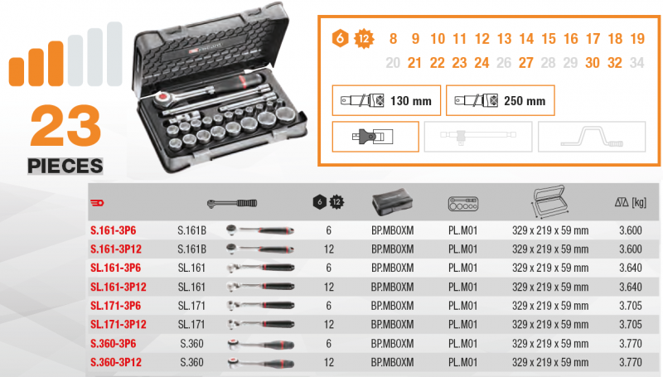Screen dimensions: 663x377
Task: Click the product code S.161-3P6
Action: tap(114, 230)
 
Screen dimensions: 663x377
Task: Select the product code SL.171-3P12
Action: tap(119, 324)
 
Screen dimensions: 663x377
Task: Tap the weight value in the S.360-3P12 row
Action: tap(631, 362)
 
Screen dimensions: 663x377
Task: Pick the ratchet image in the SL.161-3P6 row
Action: tap(260, 268)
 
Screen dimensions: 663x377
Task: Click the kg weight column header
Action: tap(631, 202)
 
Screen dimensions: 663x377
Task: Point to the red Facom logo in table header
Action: tap(97, 203)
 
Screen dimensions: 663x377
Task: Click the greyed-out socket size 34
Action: tap(636, 63)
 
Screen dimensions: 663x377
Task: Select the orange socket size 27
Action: tap(526, 63)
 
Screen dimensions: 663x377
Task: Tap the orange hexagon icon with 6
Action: tap(340, 38)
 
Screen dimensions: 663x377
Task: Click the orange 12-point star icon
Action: tap(364, 39)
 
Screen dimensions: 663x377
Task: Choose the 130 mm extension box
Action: tap(386, 100)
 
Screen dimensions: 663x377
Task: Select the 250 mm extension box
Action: tap(501, 100)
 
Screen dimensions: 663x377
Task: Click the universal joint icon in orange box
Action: tap(375, 137)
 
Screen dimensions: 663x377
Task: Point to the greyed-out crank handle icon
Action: tap(592, 137)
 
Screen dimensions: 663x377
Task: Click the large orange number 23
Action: tap(65, 125)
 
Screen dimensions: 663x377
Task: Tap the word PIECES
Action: tap(65, 166)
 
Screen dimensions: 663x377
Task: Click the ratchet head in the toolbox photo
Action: tap(162, 99)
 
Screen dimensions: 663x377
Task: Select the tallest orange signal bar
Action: tap(56, 64)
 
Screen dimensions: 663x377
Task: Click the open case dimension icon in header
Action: tap(549, 201)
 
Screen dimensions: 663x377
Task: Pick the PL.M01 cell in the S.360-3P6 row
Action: tap(462, 344)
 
